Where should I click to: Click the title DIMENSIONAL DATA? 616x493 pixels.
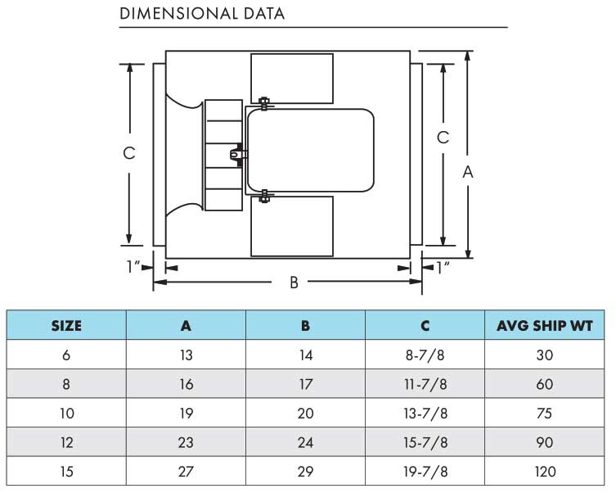click(202, 13)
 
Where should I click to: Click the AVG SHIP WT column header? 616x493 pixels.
click(545, 326)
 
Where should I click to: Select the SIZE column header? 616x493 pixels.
click(66, 326)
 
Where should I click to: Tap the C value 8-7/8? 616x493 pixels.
click(425, 355)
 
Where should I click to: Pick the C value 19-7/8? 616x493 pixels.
click(425, 472)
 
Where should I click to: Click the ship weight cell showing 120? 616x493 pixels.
click(545, 472)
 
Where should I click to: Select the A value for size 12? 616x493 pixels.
click(186, 443)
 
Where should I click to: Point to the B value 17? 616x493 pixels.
click(305, 385)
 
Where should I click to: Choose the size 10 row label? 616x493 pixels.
click(67, 414)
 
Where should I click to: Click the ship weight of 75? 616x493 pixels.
click(545, 414)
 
